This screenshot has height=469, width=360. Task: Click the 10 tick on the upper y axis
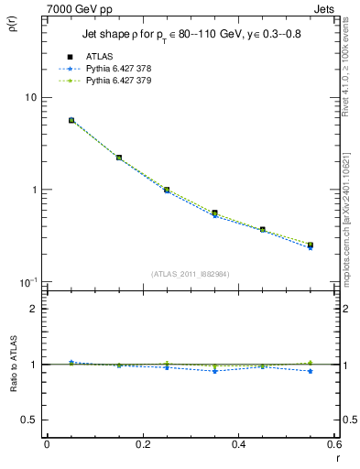tap(30, 97)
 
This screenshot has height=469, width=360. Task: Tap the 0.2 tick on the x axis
tap(143, 444)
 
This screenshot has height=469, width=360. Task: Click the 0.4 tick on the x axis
tap(238, 444)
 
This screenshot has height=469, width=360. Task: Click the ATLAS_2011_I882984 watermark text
tap(190, 273)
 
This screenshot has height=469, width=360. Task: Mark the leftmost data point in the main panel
tap(71, 120)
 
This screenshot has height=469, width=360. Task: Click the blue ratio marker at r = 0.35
tap(214, 371)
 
